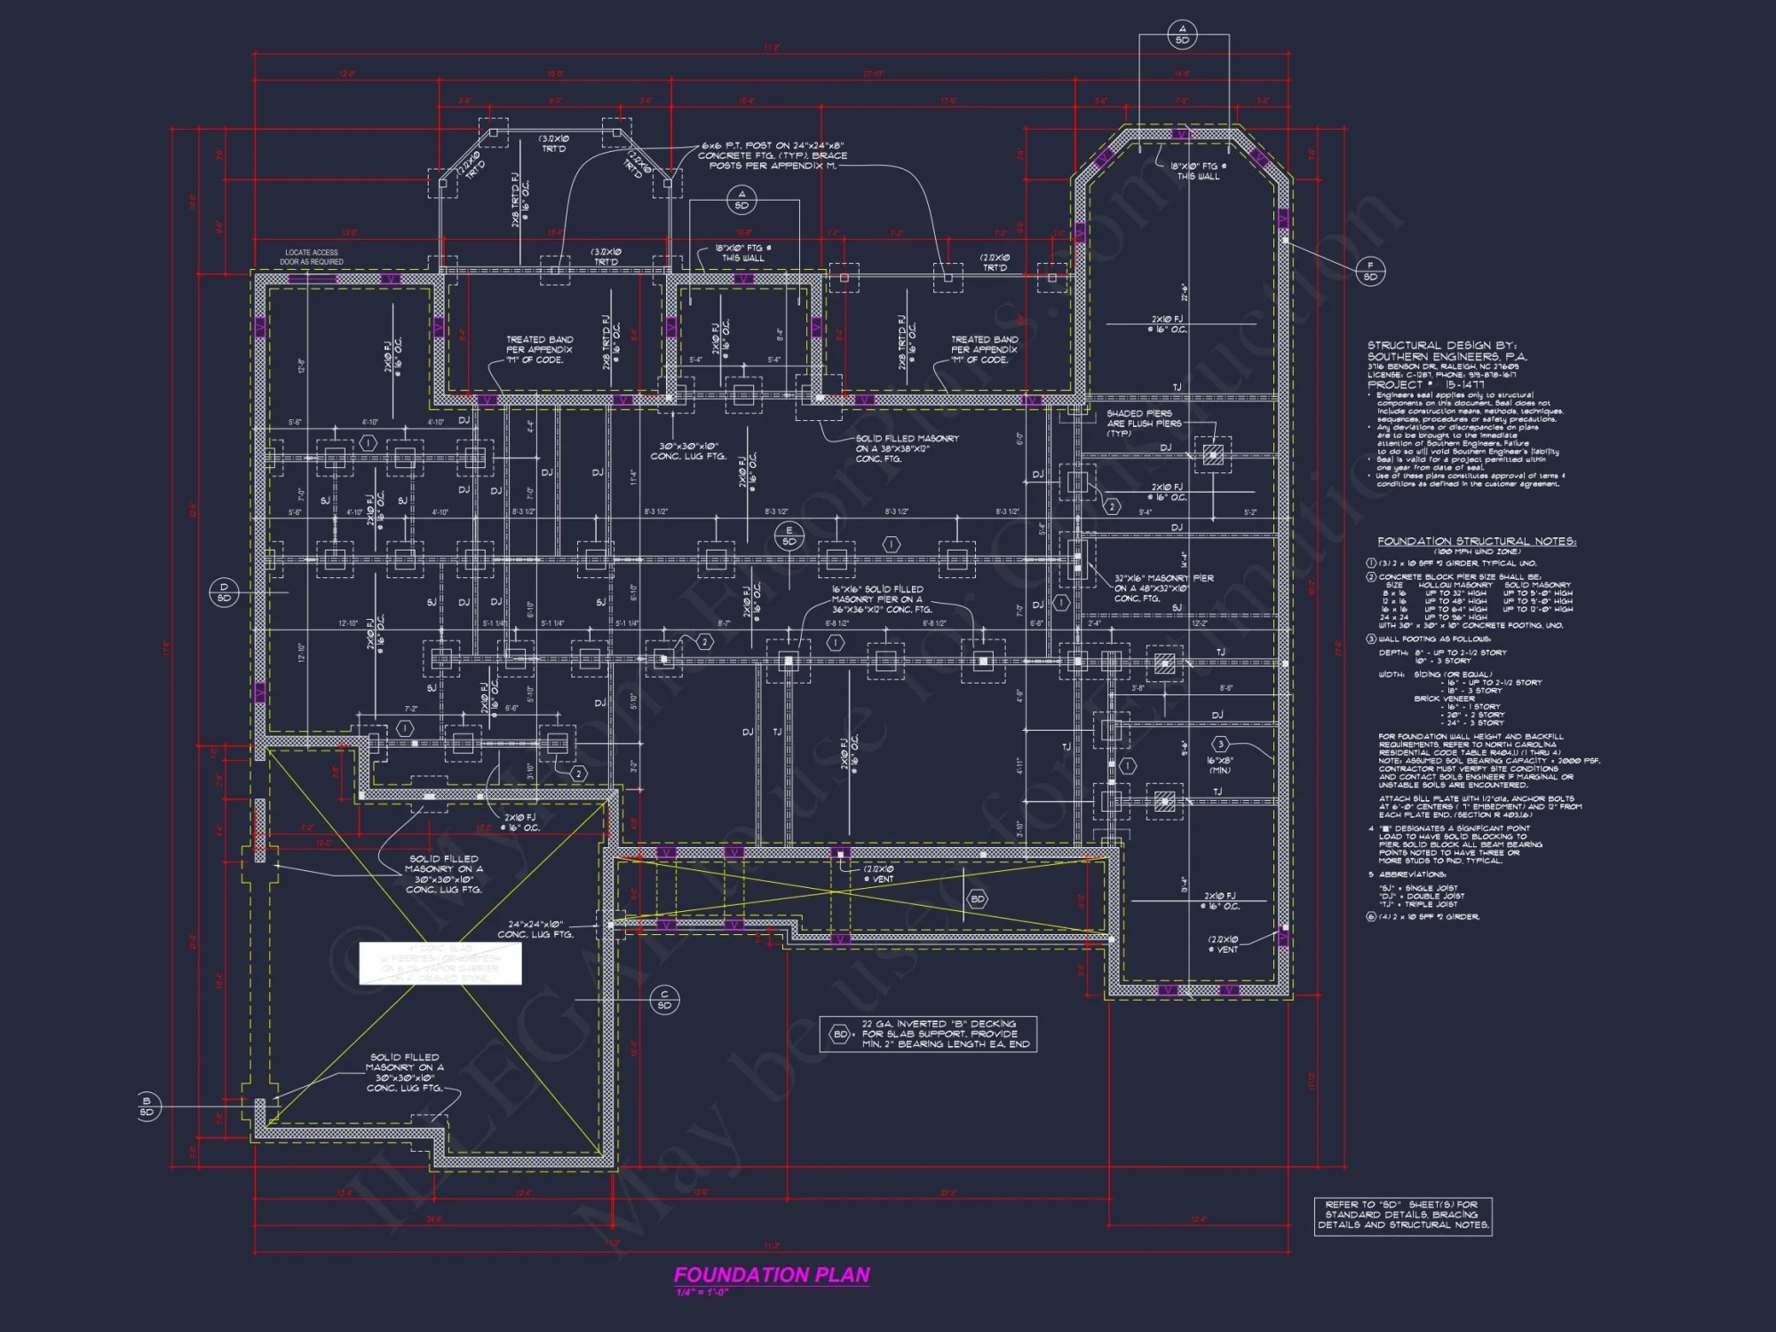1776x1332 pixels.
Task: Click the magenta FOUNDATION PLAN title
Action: click(771, 1274)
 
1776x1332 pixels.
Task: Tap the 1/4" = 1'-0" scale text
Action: click(702, 1292)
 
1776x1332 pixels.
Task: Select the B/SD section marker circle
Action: click(147, 1106)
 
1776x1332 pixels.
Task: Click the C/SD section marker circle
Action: click(664, 1000)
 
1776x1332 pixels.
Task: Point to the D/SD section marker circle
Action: click(224, 592)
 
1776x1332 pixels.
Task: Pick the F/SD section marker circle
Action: click(1370, 271)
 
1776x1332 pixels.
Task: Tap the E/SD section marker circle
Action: click(789, 536)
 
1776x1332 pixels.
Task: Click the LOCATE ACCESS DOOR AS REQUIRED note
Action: click(312, 258)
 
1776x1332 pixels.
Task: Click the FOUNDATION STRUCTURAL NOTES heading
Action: click(1476, 541)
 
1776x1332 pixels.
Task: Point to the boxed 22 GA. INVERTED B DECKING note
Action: click(929, 1034)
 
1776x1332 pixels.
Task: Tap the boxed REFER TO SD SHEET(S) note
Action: click(1402, 1215)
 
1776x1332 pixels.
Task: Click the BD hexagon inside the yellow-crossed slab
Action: click(977, 900)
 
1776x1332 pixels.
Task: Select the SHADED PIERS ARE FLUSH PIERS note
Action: click(1144, 424)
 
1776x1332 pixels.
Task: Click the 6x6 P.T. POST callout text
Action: click(773, 155)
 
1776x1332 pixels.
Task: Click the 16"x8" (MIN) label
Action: click(1220, 765)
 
